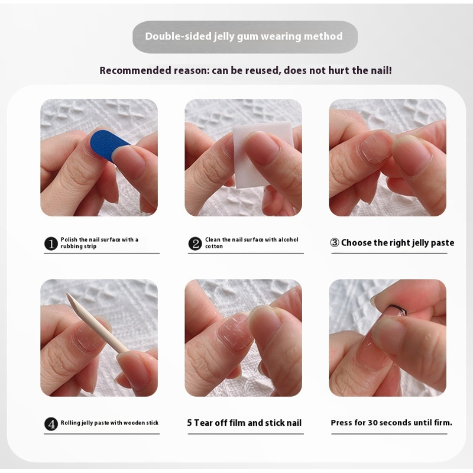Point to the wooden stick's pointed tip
click(67, 294)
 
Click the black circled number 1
click(51, 244)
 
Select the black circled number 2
click(195, 244)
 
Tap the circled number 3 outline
click(335, 242)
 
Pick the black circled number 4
click(51, 424)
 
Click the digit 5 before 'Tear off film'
click(189, 423)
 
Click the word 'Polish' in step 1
click(69, 239)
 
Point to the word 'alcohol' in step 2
click(288, 239)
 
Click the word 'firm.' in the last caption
click(444, 423)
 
